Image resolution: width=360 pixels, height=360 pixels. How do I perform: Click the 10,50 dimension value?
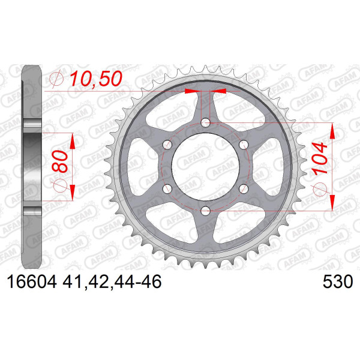(96, 79)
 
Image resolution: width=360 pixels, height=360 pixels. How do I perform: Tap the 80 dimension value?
(60, 161)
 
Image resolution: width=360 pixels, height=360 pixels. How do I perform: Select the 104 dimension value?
(319, 158)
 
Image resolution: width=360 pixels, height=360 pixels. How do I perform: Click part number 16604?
(32, 281)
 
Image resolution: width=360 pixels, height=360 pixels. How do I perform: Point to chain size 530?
(337, 281)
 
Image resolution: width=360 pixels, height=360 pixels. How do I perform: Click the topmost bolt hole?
(205, 122)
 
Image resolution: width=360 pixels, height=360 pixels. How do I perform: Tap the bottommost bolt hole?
(205, 211)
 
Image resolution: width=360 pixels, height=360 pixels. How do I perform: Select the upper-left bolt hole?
(167, 145)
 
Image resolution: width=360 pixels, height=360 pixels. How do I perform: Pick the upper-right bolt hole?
(244, 145)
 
